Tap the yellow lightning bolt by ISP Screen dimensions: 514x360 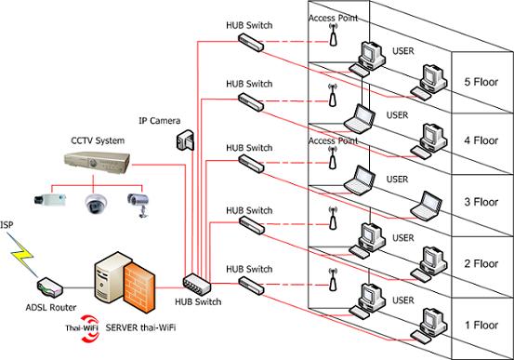21,255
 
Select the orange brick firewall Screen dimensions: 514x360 139,287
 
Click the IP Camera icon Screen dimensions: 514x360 185,140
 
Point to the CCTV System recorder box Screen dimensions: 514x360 97,163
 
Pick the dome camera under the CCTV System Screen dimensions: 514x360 96,204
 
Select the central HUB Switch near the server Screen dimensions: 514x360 197,285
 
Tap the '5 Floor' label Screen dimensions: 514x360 481,82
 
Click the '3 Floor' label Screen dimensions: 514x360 481,202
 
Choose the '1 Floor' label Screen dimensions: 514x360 481,326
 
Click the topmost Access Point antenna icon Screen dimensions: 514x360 333,34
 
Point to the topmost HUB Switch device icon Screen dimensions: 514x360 251,43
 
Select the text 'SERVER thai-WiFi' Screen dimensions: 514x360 140,327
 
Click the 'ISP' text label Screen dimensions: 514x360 7,225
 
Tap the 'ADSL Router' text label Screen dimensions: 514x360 51,308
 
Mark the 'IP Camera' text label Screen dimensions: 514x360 160,121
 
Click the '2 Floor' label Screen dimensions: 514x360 481,263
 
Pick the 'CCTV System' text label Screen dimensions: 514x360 98,140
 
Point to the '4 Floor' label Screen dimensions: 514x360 481,140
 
